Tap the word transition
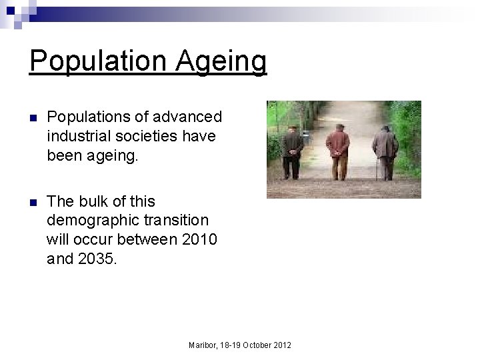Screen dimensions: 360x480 tap(177, 220)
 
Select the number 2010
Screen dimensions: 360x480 tap(199, 239)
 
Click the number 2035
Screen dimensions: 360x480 tap(97, 258)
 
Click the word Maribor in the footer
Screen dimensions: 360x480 tap(203, 345)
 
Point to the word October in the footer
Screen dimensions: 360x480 tap(257, 345)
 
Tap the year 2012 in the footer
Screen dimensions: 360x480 tap(283, 345)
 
